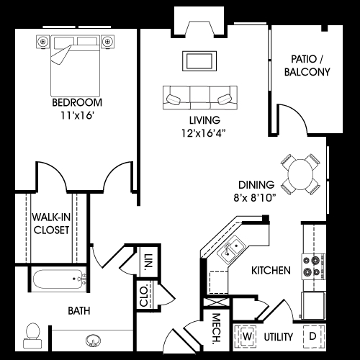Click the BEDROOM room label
click(x=77, y=102)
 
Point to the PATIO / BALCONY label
click(x=310, y=65)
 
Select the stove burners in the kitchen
click(x=313, y=266)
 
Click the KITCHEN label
click(x=271, y=271)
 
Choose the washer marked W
click(x=247, y=336)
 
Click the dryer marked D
click(x=312, y=336)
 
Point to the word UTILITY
click(x=279, y=336)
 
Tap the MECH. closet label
click(x=216, y=328)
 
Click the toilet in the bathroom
click(x=32, y=330)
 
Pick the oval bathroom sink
click(x=92, y=341)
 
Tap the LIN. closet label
click(x=148, y=261)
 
